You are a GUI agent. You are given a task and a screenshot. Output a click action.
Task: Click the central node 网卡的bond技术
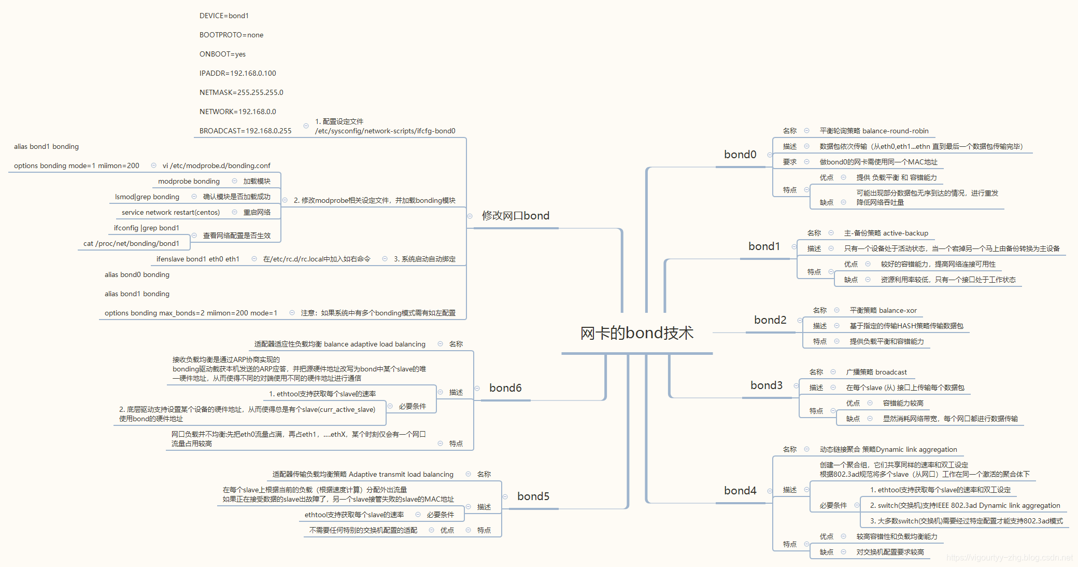636,333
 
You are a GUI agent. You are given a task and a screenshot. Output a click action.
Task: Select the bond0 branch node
740,155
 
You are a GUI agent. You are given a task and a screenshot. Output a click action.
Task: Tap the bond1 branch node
764,246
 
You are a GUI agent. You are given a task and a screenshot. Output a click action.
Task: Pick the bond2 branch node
770,320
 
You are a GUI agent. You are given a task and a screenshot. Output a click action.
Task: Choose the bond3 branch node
767,385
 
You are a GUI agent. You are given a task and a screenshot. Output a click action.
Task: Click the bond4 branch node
740,491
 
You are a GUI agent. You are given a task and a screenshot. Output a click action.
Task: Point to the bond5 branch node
533,496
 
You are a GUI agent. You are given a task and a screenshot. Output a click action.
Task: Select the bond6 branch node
505,388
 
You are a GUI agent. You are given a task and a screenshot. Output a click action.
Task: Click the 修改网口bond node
515,216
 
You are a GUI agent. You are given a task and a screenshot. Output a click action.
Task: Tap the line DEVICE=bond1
224,16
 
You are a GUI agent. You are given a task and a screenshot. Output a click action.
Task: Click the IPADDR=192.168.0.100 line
237,74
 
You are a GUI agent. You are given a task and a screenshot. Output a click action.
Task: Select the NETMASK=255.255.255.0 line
241,93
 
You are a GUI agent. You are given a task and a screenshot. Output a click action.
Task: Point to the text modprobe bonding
189,182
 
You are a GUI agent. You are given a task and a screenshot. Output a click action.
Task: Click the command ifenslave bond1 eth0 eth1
197,259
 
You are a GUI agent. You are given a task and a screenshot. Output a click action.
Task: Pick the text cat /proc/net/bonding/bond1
131,244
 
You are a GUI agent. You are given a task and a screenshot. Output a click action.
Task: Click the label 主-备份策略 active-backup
886,233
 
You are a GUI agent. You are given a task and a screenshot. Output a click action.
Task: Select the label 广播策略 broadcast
876,372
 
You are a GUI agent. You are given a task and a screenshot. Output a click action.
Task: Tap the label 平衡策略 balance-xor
883,311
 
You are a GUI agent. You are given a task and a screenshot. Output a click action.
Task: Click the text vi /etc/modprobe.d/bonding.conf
216,166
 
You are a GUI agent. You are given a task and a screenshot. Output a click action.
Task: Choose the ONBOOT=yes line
222,54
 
